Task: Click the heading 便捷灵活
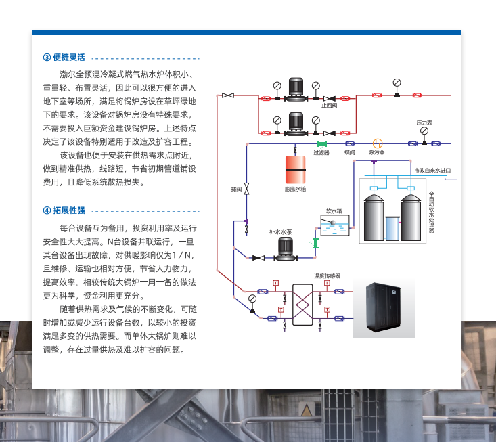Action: tap(69, 57)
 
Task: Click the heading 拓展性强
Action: tap(69, 211)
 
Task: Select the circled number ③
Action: tap(47, 57)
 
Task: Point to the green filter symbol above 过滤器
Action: tap(321, 143)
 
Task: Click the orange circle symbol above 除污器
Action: tap(377, 143)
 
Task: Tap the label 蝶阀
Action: tap(349, 153)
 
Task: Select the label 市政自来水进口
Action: tap(432, 171)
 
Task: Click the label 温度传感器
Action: tap(327, 276)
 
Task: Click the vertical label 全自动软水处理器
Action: tap(431, 212)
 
